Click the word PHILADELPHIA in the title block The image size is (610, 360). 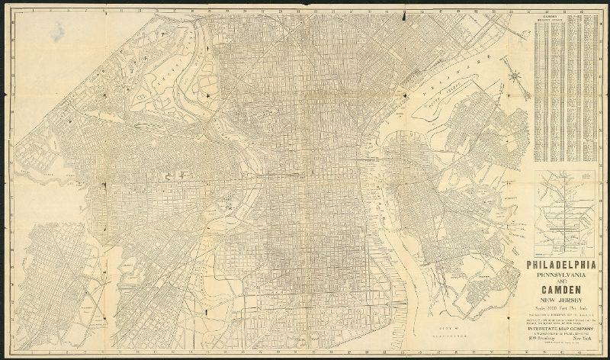click(564, 266)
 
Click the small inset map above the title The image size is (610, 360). click(565, 213)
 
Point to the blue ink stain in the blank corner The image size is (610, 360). click(57, 31)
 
